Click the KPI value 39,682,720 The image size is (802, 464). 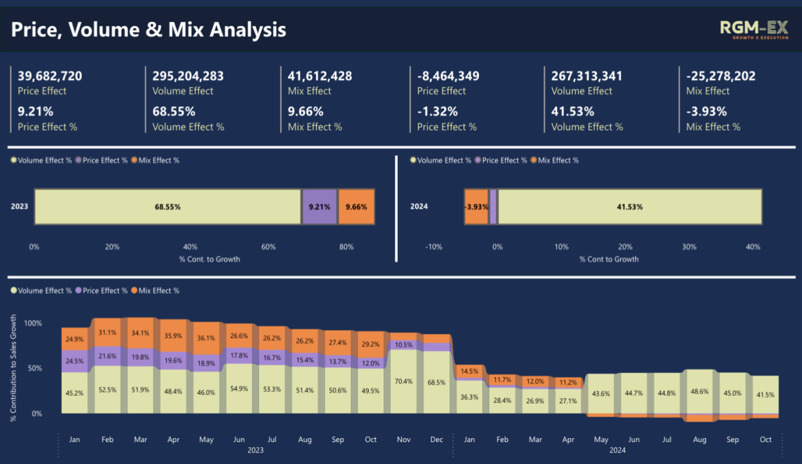tap(50, 76)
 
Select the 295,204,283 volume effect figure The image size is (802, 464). tap(188, 76)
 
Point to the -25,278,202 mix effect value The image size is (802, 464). tap(721, 76)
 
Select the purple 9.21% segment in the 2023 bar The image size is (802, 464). tap(320, 207)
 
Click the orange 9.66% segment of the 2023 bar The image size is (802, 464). tap(356, 207)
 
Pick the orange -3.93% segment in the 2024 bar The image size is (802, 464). tap(476, 207)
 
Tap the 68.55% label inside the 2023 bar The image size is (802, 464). tap(168, 207)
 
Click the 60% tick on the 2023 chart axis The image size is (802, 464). tap(268, 247)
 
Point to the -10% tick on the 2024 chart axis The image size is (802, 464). tap(434, 247)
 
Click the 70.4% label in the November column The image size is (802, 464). tap(404, 382)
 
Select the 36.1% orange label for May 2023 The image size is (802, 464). tap(206, 338)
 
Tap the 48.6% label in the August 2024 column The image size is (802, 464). tap(699, 392)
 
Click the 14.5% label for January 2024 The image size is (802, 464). tap(469, 371)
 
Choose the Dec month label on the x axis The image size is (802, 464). tap(436, 440)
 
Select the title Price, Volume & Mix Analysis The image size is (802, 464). tap(149, 30)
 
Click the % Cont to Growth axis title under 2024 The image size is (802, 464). tap(609, 259)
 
